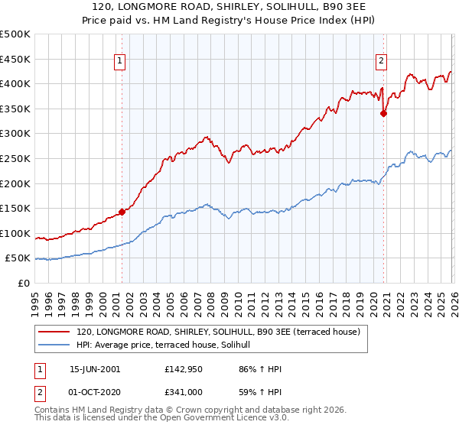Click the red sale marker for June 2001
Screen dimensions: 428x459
(122, 212)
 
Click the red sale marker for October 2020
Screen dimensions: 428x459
(384, 113)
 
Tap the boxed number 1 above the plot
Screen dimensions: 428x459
(121, 63)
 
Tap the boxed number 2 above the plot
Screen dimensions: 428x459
(381, 63)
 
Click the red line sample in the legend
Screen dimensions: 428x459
(54, 332)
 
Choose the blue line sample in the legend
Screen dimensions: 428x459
(54, 346)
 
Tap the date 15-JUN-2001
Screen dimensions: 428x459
(95, 369)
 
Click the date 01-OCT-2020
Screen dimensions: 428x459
(95, 392)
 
